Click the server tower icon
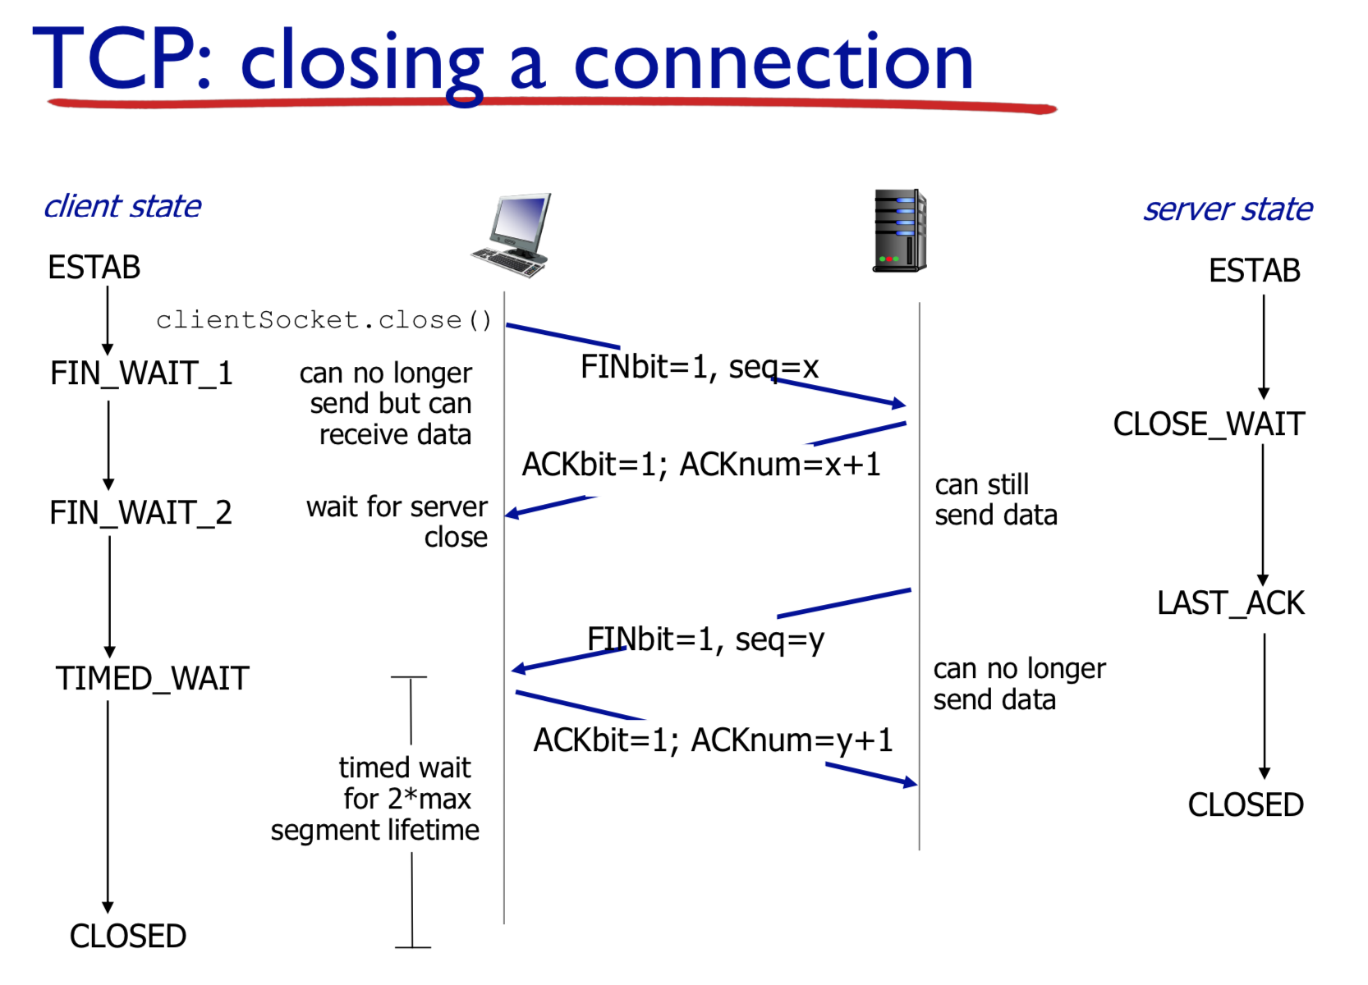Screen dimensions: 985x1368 pos(899,231)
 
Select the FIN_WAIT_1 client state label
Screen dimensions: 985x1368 pos(141,373)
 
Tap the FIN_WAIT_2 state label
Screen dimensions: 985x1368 pos(140,513)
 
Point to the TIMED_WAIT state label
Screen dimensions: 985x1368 pos(152,679)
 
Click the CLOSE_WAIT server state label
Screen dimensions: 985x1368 pos(1209,424)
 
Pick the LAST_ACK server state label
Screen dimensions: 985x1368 pos(1230,603)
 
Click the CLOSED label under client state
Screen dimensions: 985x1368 pos(128,936)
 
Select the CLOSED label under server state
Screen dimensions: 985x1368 pos(1246,805)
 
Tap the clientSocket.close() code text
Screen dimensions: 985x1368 pos(324,320)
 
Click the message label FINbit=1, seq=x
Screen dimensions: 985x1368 pos(700,367)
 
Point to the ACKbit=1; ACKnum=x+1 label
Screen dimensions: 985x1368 pos(701,465)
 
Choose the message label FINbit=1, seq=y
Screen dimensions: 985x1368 pos(705,639)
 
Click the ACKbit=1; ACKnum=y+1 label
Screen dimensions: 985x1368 pos(713,740)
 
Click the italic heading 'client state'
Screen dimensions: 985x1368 pos(122,206)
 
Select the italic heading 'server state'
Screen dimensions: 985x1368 pos(1228,209)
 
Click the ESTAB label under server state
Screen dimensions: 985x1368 pos(1254,271)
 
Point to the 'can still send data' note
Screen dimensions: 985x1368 pos(995,500)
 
